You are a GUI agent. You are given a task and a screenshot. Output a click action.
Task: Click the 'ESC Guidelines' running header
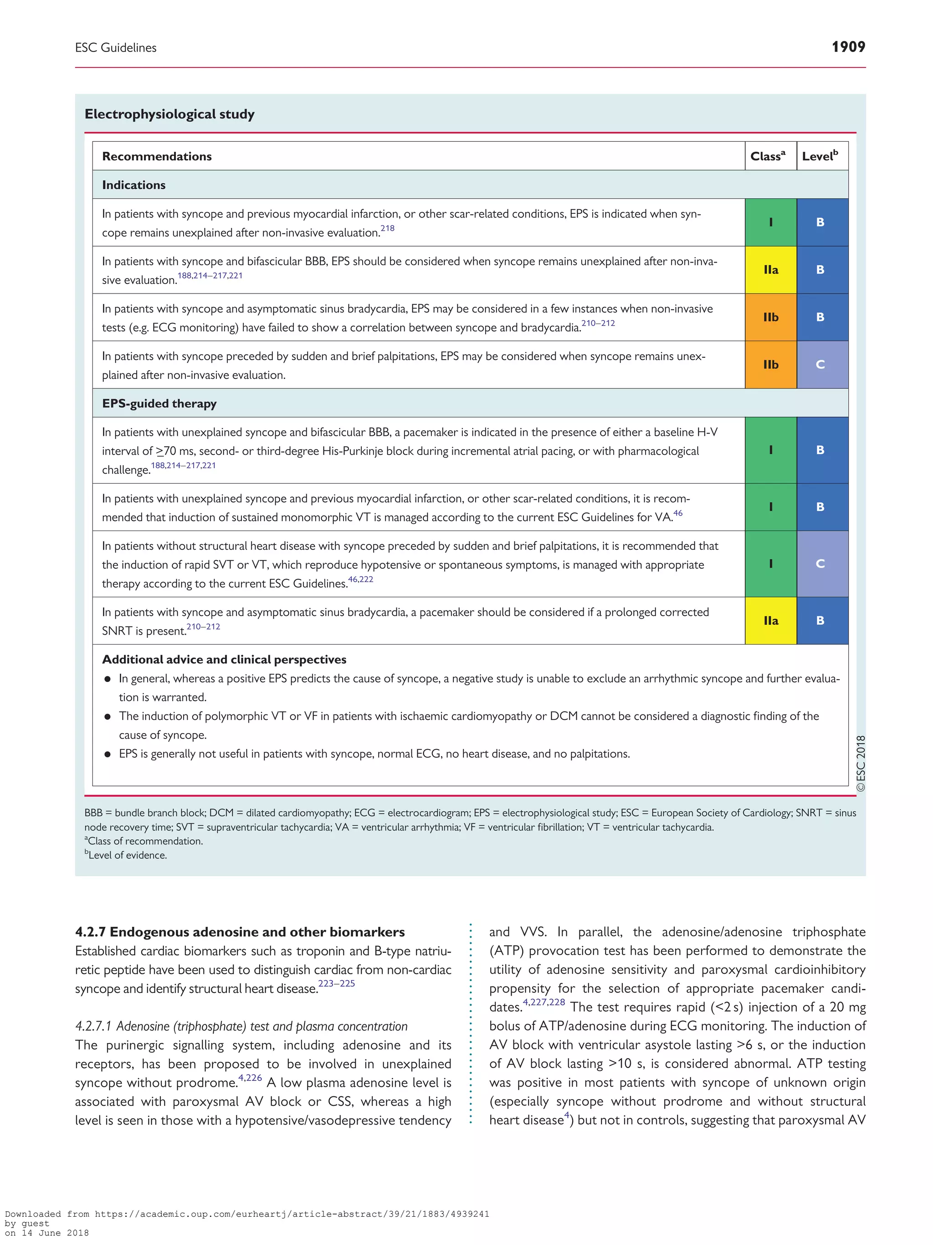pyautogui.click(x=116, y=48)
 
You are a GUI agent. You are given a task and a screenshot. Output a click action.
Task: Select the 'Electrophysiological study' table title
pyautogui.click(x=169, y=114)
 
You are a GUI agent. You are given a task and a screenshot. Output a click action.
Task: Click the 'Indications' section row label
pyautogui.click(x=134, y=185)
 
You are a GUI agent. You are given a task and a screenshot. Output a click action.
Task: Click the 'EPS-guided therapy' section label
pyautogui.click(x=159, y=403)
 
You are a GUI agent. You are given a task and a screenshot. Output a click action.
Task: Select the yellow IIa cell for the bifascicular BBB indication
pyautogui.click(x=770, y=269)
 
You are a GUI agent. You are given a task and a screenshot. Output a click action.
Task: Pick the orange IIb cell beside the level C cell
pyautogui.click(x=770, y=364)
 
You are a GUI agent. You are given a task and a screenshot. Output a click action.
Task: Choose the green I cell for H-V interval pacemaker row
pyautogui.click(x=770, y=449)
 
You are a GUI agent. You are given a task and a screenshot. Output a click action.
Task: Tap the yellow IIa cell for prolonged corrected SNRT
pyautogui.click(x=770, y=620)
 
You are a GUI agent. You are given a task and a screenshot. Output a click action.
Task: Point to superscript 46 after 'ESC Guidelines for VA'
pyautogui.click(x=678, y=513)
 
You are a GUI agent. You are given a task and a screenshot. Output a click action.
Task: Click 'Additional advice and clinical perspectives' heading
pyautogui.click(x=224, y=659)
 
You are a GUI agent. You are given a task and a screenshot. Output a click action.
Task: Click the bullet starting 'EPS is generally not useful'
pyautogui.click(x=374, y=754)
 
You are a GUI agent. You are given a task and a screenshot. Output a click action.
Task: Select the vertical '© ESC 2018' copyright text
pyautogui.click(x=861, y=763)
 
